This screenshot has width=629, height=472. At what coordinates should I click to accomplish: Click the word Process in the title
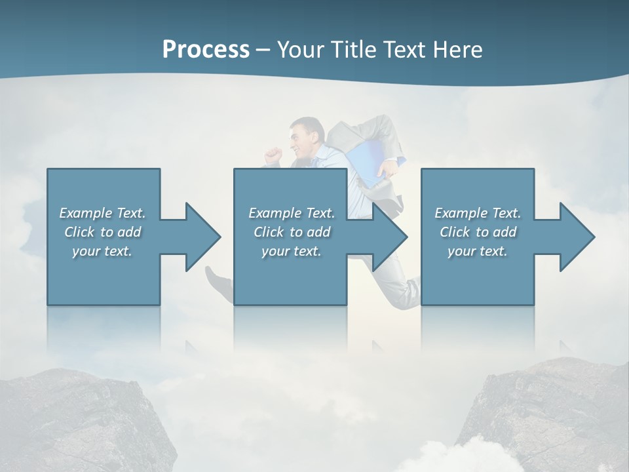[x=206, y=49]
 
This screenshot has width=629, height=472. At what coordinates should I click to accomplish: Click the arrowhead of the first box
[x=203, y=237]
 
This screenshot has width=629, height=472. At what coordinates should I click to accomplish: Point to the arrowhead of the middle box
[x=390, y=237]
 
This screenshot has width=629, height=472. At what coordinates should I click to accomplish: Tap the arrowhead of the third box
[x=577, y=237]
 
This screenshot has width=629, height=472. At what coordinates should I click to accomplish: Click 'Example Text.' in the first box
[x=102, y=213]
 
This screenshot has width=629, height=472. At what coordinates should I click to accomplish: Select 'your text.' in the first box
[x=102, y=251]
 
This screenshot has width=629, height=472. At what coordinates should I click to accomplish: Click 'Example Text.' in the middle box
[x=292, y=213]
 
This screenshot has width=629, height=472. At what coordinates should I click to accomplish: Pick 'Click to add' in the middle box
[x=292, y=232]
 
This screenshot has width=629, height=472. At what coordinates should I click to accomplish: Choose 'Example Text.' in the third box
[x=478, y=213]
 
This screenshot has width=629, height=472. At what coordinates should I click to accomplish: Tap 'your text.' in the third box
[x=478, y=251]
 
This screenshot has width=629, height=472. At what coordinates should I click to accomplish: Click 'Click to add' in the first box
[x=102, y=232]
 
